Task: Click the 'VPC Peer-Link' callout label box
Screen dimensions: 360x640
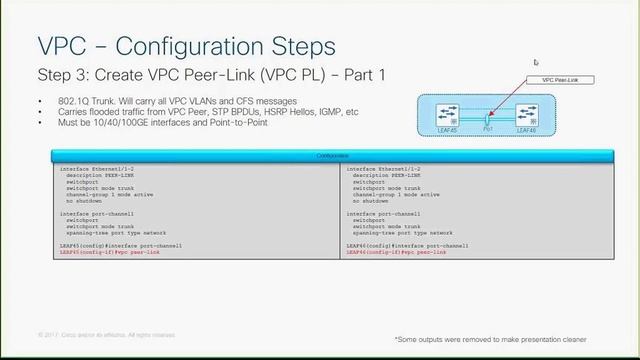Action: [560, 80]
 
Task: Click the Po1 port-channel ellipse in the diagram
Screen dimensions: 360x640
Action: [487, 118]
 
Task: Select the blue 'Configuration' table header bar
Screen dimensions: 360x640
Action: [333, 156]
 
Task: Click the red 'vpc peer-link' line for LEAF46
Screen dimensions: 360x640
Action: [396, 252]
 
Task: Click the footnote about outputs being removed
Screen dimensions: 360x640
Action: [490, 339]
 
